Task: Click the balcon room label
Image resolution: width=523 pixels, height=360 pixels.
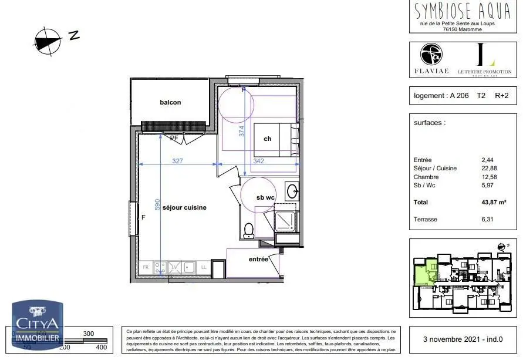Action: (170, 102)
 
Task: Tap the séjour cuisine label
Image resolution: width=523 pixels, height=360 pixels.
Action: (184, 207)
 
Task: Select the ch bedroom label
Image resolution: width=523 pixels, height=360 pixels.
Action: (268, 139)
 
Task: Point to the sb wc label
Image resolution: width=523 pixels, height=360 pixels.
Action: (265, 197)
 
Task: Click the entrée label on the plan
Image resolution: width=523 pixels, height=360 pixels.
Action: (258, 259)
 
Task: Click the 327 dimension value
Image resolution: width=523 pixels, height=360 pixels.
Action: (177, 160)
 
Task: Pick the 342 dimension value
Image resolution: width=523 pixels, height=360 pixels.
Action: (258, 160)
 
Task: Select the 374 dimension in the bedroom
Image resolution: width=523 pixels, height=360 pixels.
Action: (241, 132)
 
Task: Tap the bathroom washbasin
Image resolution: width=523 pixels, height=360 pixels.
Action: (292, 191)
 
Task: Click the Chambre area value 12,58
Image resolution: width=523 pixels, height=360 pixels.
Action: (489, 177)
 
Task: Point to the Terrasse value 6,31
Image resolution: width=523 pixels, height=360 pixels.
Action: (487, 219)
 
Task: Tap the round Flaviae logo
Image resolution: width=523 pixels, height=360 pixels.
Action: (431, 55)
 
